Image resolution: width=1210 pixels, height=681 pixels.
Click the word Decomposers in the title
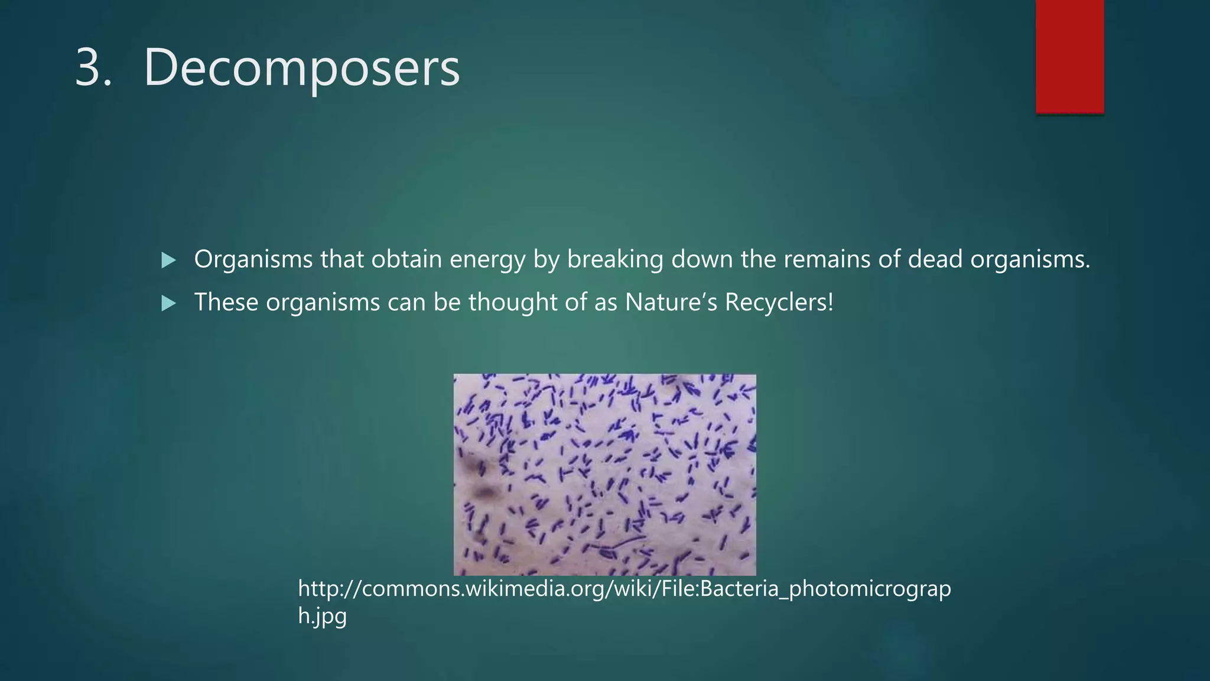tap(301, 67)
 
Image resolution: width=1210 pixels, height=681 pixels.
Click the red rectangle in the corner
tap(1069, 56)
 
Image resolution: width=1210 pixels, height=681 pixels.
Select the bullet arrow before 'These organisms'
tap(168, 304)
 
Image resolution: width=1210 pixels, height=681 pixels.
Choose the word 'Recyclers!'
tap(779, 303)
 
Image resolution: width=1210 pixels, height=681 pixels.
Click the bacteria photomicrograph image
tap(604, 474)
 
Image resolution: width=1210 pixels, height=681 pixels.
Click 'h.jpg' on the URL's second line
tap(322, 616)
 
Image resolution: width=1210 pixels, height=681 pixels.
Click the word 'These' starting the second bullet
tap(226, 303)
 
